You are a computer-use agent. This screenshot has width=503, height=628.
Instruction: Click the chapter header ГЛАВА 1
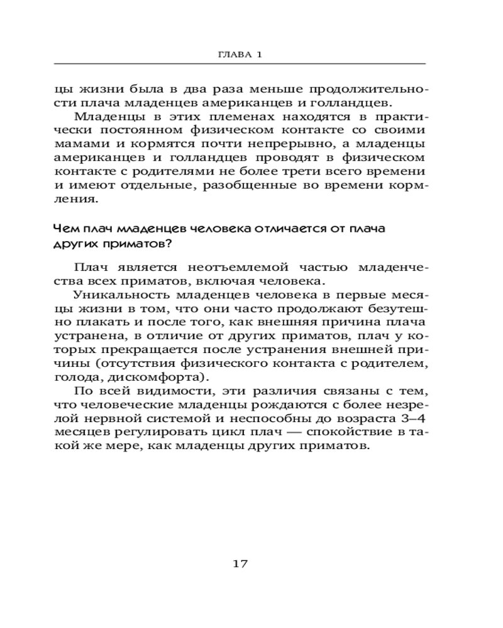click(x=239, y=55)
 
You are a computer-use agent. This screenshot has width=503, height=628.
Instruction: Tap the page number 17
click(x=240, y=563)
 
